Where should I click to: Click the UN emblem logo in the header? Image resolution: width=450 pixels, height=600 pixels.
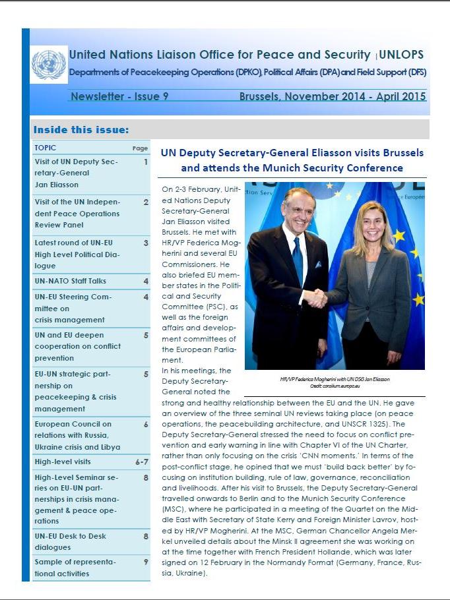click(49, 64)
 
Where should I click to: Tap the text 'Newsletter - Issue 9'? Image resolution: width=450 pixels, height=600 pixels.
click(119, 96)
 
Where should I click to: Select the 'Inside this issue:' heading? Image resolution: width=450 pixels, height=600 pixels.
click(81, 129)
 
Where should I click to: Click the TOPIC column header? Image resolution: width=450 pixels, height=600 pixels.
click(46, 148)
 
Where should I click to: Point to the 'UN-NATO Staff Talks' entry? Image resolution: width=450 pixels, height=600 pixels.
click(71, 281)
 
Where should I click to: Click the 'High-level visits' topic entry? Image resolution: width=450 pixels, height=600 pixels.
click(63, 462)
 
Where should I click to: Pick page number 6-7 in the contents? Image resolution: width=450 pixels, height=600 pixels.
click(141, 462)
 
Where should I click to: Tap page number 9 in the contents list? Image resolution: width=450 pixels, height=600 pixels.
click(145, 562)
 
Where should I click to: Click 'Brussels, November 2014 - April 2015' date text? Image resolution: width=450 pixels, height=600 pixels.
click(332, 96)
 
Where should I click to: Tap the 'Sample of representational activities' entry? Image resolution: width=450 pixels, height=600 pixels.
click(75, 568)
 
